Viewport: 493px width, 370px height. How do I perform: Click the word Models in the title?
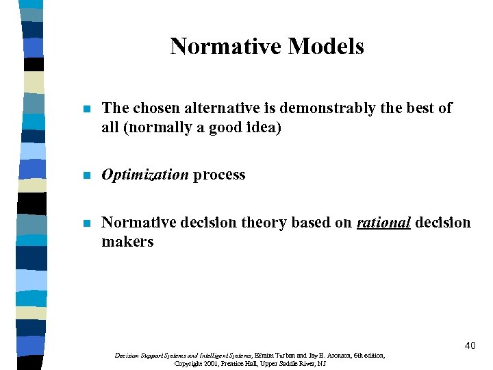326,47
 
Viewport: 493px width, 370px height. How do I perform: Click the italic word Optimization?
144,175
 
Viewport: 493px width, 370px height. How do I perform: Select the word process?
219,175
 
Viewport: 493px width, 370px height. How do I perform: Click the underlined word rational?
383,223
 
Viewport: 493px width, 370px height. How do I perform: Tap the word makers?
127,242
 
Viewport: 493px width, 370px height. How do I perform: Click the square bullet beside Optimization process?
86,175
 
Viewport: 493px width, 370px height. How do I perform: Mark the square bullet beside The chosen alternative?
86,109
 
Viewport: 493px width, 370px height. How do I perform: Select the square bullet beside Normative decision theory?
86,223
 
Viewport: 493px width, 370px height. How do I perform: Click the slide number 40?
469,346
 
